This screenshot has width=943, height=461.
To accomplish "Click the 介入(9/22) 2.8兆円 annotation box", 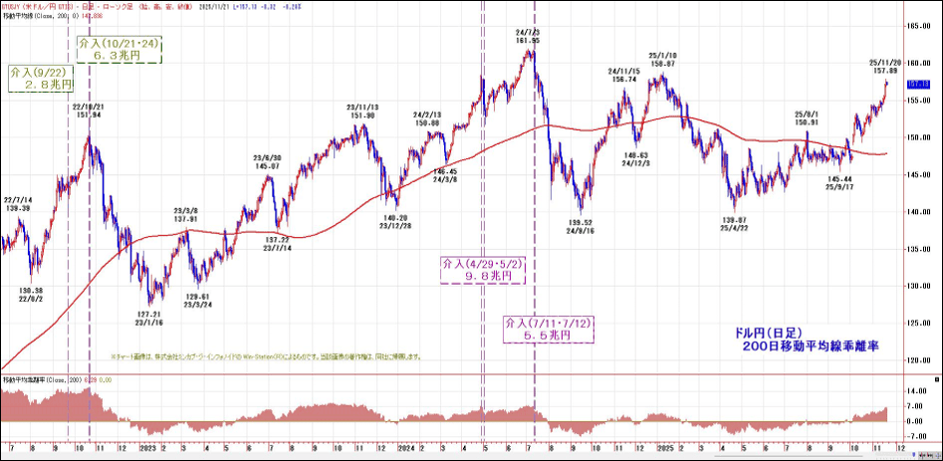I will pos(40,79).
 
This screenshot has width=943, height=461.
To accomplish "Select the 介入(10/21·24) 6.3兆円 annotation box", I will pos(119,50).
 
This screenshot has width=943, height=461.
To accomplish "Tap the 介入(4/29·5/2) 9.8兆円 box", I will pos(483,270).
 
